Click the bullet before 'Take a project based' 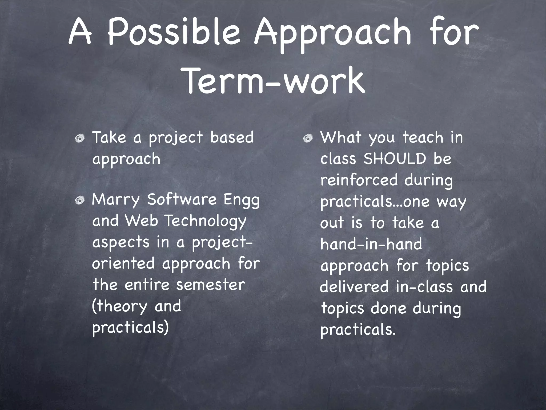(79, 139)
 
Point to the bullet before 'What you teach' (308, 139)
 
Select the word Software (182, 199)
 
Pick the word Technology (205, 221)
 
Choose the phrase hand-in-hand (371, 244)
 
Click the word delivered (354, 287)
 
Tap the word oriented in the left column (123, 263)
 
